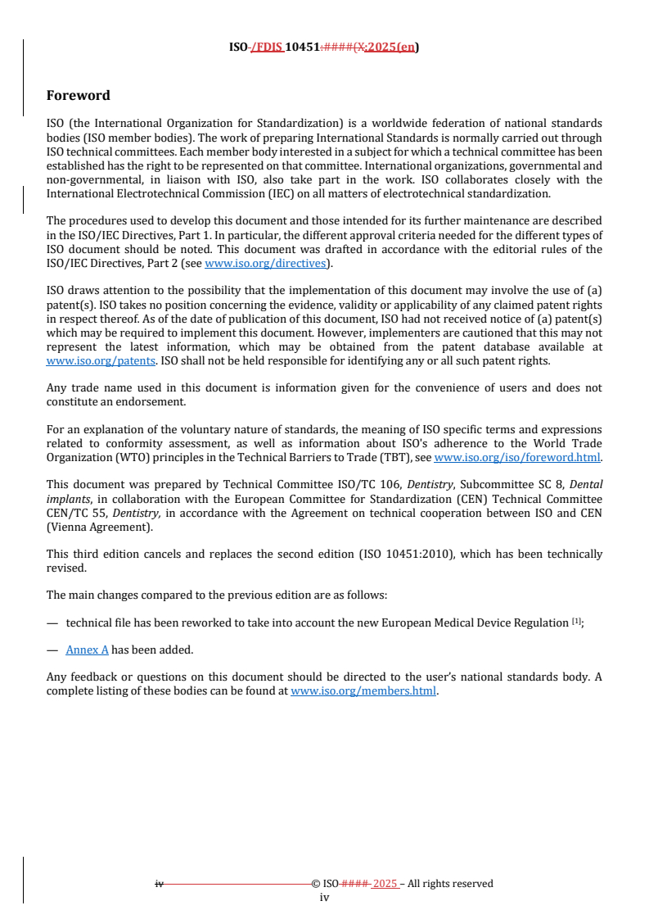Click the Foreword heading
79,95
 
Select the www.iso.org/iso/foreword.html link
517,458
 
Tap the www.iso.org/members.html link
363,690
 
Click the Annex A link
87,650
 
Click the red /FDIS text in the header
267,48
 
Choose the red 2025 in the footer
385,884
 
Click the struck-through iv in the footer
160,884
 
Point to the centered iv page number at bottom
324,898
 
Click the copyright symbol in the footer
315,884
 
